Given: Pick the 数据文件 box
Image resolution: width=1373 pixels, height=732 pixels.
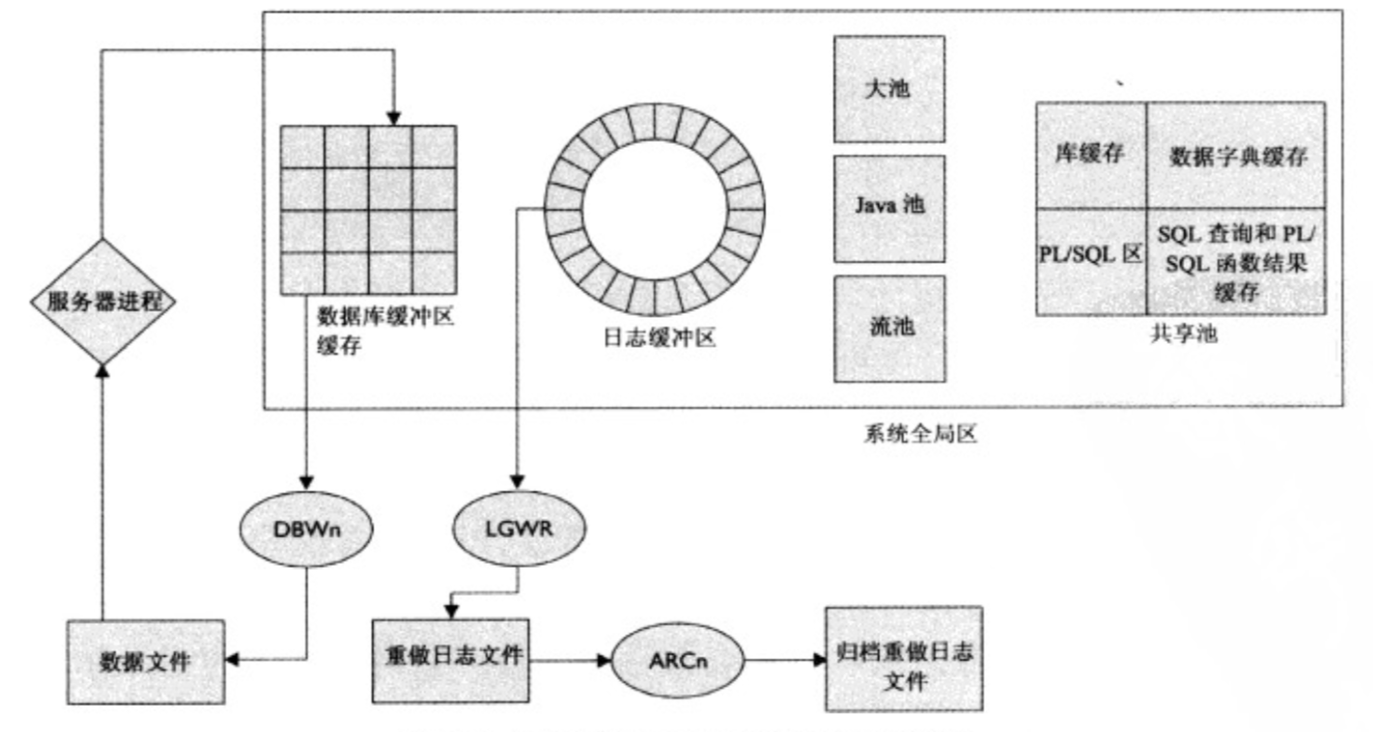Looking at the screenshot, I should (145, 662).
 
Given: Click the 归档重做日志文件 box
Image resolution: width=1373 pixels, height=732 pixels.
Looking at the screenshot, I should (903, 659).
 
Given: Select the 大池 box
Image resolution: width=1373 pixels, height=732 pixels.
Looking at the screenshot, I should (888, 90).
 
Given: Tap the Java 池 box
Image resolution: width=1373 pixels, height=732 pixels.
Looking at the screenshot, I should (888, 206).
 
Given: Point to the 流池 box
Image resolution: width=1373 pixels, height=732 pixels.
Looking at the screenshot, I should (888, 326).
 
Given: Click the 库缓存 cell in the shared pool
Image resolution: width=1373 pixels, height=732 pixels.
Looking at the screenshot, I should (1090, 155).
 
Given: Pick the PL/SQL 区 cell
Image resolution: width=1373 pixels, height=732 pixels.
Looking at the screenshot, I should (1090, 261).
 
